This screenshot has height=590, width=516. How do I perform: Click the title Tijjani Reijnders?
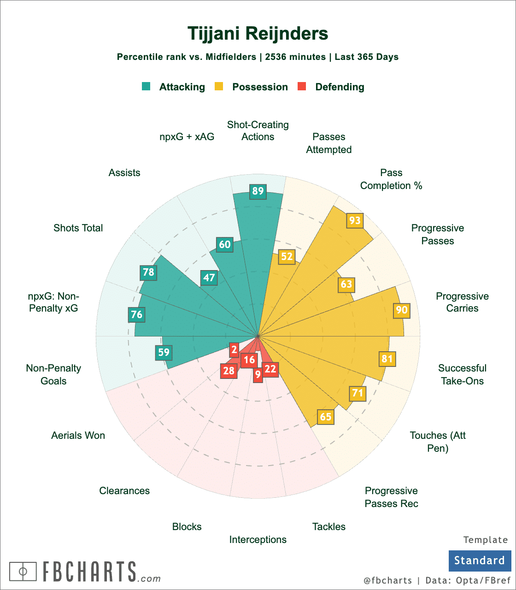click(258, 34)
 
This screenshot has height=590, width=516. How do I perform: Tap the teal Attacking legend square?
click(147, 87)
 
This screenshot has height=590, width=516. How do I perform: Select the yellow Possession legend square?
click(219, 87)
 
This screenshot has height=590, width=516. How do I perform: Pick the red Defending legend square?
click(302, 87)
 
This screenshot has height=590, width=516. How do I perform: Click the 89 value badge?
click(258, 191)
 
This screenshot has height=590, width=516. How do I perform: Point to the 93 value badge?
click(355, 221)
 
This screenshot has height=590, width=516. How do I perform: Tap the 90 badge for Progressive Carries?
click(402, 310)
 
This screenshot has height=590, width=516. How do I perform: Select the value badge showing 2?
click(235, 350)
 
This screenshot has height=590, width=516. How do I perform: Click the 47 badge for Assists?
click(209, 277)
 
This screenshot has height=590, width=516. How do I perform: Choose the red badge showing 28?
click(229, 371)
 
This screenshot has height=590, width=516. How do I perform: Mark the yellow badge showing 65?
click(325, 417)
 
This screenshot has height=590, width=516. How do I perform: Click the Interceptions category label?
click(258, 540)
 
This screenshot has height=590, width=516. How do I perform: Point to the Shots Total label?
click(78, 228)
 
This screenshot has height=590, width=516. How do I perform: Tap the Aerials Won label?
click(78, 436)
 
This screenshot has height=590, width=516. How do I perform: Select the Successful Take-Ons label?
click(462, 374)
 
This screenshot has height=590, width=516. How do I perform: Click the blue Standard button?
click(480, 560)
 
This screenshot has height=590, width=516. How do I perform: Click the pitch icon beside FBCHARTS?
click(23, 572)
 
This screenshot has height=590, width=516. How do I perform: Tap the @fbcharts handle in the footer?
click(387, 580)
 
